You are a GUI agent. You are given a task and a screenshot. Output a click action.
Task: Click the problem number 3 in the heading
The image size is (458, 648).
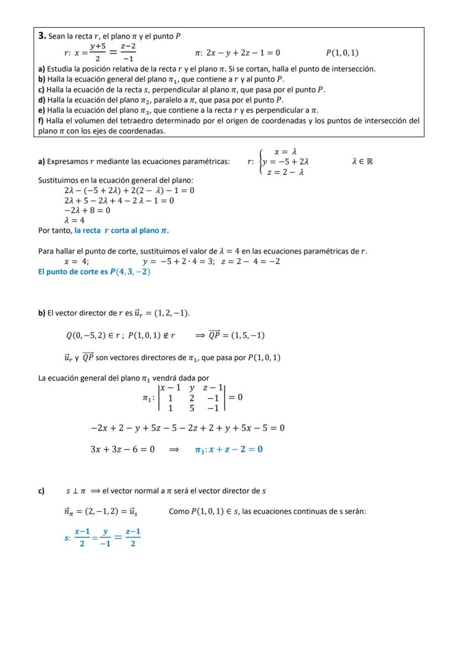(41, 36)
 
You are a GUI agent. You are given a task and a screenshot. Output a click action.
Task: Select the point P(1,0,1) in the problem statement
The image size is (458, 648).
(342, 53)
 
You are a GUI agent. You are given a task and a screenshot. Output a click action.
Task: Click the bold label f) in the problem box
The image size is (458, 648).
(41, 121)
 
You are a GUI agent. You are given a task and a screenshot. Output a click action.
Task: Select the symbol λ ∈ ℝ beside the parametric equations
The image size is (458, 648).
(362, 162)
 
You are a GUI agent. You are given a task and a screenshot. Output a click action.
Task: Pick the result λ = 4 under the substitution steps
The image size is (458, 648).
(75, 220)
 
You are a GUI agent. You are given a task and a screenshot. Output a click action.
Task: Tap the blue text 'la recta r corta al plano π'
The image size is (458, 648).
(122, 230)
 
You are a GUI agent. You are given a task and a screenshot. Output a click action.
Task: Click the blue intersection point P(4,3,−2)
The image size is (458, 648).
(130, 272)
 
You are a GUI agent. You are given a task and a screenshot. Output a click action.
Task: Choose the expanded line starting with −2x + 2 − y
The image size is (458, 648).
(188, 428)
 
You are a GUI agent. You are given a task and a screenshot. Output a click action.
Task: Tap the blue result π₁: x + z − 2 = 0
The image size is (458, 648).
(228, 449)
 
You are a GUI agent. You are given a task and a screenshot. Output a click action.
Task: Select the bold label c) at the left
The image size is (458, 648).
(41, 491)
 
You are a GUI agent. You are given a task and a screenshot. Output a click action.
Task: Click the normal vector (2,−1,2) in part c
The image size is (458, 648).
(101, 512)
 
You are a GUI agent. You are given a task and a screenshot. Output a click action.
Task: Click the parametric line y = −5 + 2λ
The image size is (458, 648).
(285, 162)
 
